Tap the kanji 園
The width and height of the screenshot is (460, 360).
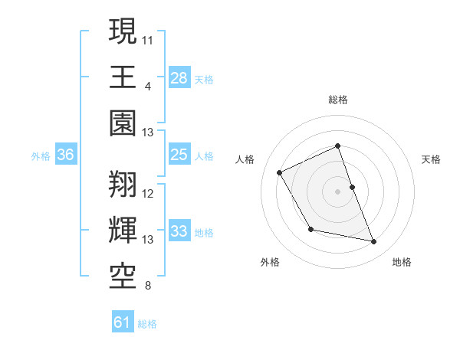(x=123, y=123)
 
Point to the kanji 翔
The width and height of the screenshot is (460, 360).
(x=123, y=183)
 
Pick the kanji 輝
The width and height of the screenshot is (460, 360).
(x=123, y=231)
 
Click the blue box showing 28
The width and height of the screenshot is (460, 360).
(x=179, y=78)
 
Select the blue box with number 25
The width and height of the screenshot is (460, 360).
(x=179, y=155)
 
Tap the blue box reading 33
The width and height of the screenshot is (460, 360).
(x=179, y=231)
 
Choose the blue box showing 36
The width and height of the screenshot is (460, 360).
(x=66, y=155)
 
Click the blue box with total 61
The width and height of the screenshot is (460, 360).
(x=123, y=322)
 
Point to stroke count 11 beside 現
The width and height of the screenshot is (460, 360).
(x=149, y=38)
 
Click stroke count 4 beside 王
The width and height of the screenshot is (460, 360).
(x=147, y=86)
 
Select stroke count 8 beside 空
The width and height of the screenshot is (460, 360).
(x=147, y=286)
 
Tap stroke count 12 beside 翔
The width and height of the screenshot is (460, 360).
(x=149, y=193)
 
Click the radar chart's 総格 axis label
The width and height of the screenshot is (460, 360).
(x=337, y=100)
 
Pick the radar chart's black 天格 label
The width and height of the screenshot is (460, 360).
(x=431, y=159)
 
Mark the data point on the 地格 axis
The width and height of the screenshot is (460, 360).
(x=374, y=242)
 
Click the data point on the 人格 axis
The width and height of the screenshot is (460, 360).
(x=280, y=172)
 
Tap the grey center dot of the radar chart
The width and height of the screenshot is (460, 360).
(x=337, y=191)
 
